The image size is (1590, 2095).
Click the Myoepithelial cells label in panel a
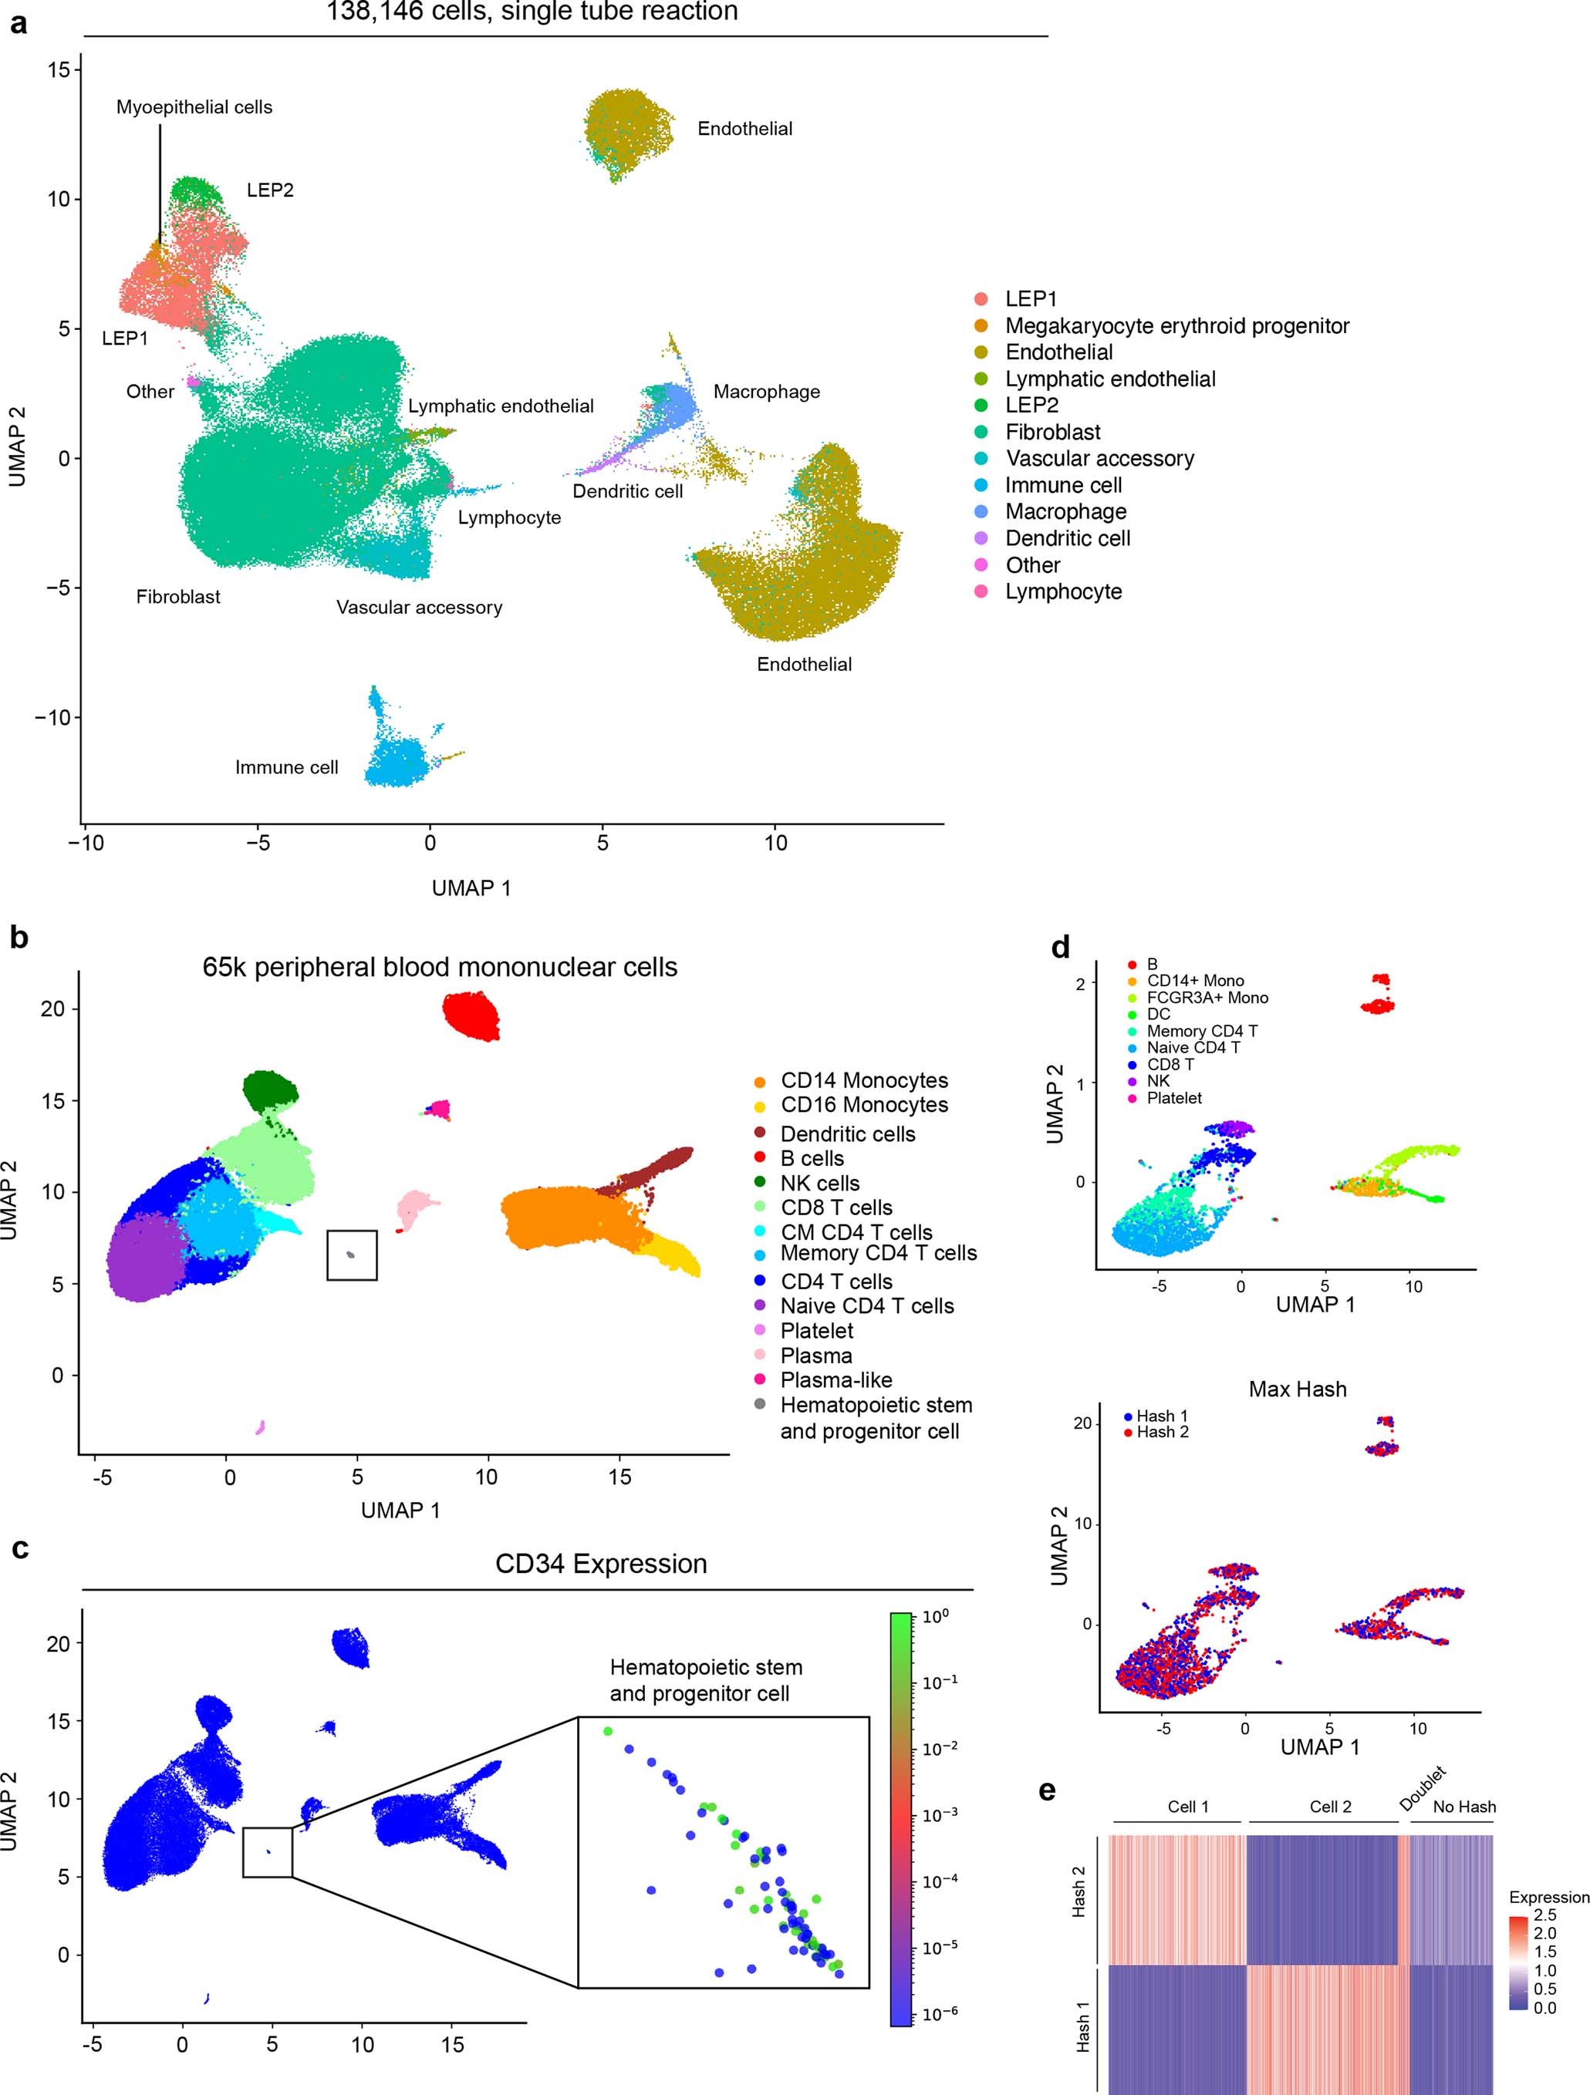[194, 107]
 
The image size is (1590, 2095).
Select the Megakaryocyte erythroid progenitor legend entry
[1176, 326]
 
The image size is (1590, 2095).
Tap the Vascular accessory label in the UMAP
[419, 607]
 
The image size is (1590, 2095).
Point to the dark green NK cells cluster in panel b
[269, 1091]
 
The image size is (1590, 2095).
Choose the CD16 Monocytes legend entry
[863, 1104]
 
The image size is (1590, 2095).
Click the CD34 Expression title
[601, 1564]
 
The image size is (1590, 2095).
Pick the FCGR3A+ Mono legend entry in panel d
[1207, 997]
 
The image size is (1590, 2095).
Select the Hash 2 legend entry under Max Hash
[1162, 1432]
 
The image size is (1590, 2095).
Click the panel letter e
[1047, 1791]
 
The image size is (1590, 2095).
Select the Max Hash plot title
[1297, 1389]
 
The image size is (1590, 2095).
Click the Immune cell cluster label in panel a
[286, 767]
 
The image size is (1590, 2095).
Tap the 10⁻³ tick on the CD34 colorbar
[939, 1816]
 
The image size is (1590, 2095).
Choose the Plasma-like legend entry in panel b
[835, 1380]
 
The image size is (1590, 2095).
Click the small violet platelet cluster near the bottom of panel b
[260, 1427]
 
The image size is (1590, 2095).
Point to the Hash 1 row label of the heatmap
[1080, 2027]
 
